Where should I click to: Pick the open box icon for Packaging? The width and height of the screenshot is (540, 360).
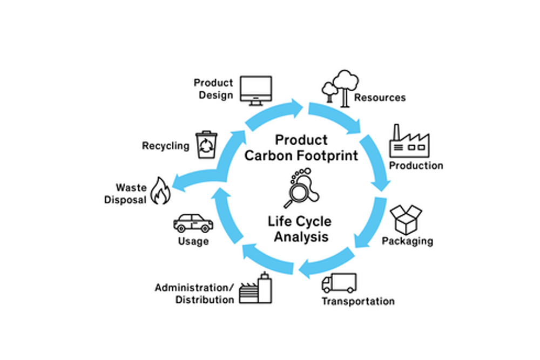point(406,219)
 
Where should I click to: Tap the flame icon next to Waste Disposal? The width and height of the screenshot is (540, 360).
point(160,191)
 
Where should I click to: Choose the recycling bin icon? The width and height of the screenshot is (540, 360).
point(206,145)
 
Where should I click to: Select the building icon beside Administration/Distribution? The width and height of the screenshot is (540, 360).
point(255,289)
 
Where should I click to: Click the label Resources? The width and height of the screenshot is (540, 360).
point(380,98)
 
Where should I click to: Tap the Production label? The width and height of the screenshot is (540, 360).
point(416,165)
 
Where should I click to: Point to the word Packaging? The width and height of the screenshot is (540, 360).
point(407,241)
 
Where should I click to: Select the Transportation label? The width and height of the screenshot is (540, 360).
point(358,301)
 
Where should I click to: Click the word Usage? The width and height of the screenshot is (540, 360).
point(193,241)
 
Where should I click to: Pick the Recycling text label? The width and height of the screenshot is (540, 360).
point(166,146)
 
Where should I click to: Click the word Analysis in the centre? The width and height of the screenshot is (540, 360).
point(301,236)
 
